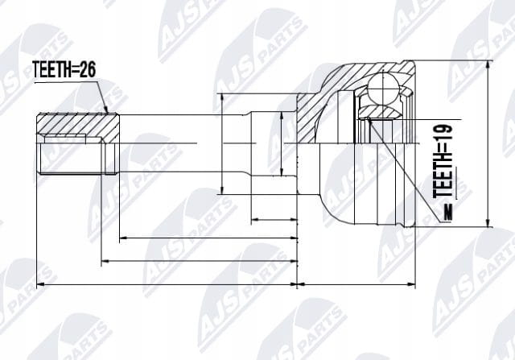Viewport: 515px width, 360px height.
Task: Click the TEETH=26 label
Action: (64, 70)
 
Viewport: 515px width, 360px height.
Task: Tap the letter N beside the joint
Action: (447, 213)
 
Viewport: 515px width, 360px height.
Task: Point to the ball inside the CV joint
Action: (383, 88)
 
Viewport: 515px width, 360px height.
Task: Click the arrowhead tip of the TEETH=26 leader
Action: (108, 113)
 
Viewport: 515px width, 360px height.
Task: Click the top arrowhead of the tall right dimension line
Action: (489, 61)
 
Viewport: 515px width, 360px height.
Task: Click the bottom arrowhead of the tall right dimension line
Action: (489, 226)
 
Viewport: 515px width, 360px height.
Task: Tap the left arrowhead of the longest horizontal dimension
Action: (38, 285)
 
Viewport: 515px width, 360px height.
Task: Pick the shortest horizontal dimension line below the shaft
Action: (274, 219)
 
